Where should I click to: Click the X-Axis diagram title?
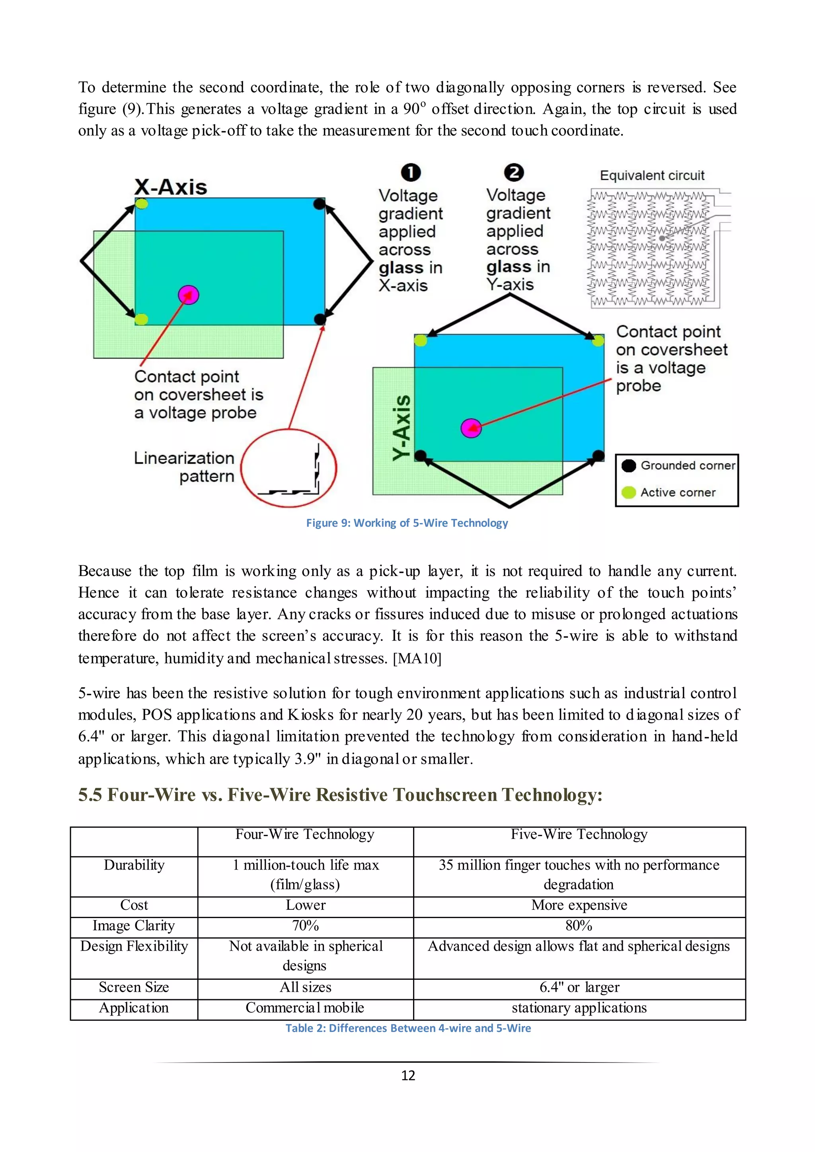(171, 187)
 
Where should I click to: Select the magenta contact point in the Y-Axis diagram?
(471, 428)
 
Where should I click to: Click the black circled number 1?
(411, 173)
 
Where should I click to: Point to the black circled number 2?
(514, 172)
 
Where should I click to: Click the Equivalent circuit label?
(652, 175)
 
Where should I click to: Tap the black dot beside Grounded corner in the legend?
(628, 466)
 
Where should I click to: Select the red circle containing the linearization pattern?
(289, 468)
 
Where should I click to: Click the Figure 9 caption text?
(407, 523)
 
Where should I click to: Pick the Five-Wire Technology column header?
(579, 835)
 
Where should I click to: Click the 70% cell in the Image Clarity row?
(306, 925)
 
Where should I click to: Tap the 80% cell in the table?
(579, 925)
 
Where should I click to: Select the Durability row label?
(134, 865)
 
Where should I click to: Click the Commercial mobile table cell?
(305, 1008)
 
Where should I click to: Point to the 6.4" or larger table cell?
(579, 987)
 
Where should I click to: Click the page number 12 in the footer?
(408, 1075)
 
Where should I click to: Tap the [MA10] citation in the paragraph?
(417, 658)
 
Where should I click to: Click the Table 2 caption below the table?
(408, 1028)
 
